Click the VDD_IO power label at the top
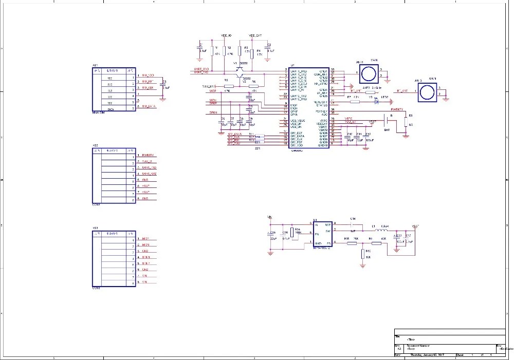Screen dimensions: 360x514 227,35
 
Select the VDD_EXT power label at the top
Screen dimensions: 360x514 255,35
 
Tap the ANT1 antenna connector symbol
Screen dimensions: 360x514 368,73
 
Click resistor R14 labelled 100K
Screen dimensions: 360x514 292,233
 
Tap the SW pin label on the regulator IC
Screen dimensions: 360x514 328,231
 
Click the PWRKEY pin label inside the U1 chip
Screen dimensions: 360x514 322,110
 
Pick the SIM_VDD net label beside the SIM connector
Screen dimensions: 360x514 148,75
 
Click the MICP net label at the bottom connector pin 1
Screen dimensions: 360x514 146,239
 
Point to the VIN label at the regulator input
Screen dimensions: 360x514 270,217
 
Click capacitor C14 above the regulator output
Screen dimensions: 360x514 353,224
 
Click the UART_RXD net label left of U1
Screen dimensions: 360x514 201,69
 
